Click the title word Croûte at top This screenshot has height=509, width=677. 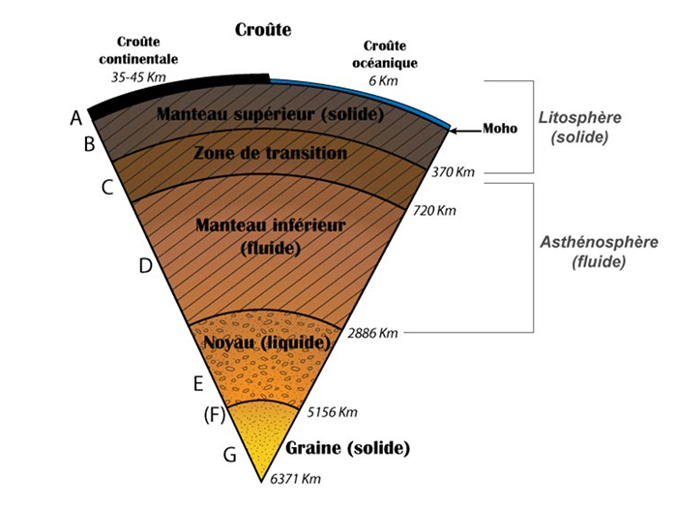263,30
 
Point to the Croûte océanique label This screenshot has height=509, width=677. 391,54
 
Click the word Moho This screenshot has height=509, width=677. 501,129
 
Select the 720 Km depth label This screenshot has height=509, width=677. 433,210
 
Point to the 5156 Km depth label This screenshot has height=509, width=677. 332,412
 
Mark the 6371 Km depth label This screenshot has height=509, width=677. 295,479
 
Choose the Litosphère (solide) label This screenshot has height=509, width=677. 580,127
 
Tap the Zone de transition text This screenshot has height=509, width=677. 271,153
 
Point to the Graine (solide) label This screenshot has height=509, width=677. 348,449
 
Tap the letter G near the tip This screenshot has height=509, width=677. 230,453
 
